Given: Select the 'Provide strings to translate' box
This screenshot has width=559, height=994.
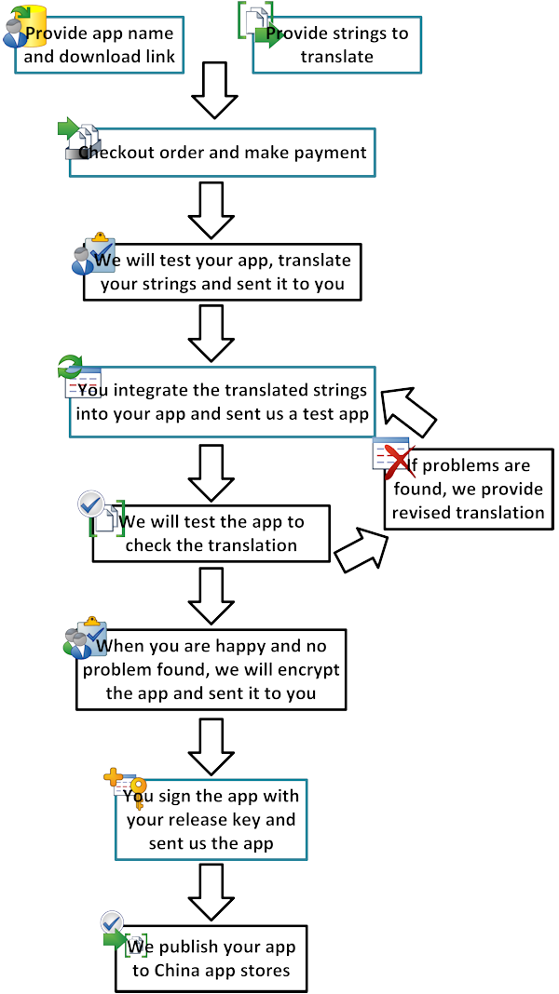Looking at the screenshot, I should click(336, 45).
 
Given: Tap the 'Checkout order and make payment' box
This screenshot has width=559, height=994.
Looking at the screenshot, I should click(222, 153).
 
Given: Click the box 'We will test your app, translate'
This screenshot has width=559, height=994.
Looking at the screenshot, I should click(222, 272).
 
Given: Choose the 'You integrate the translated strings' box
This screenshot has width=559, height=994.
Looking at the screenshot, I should click(222, 402).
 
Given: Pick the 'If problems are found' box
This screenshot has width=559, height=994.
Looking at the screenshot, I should click(467, 489).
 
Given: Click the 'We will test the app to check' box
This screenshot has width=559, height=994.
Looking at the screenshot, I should click(211, 534).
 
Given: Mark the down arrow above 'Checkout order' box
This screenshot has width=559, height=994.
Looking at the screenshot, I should click(215, 90).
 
